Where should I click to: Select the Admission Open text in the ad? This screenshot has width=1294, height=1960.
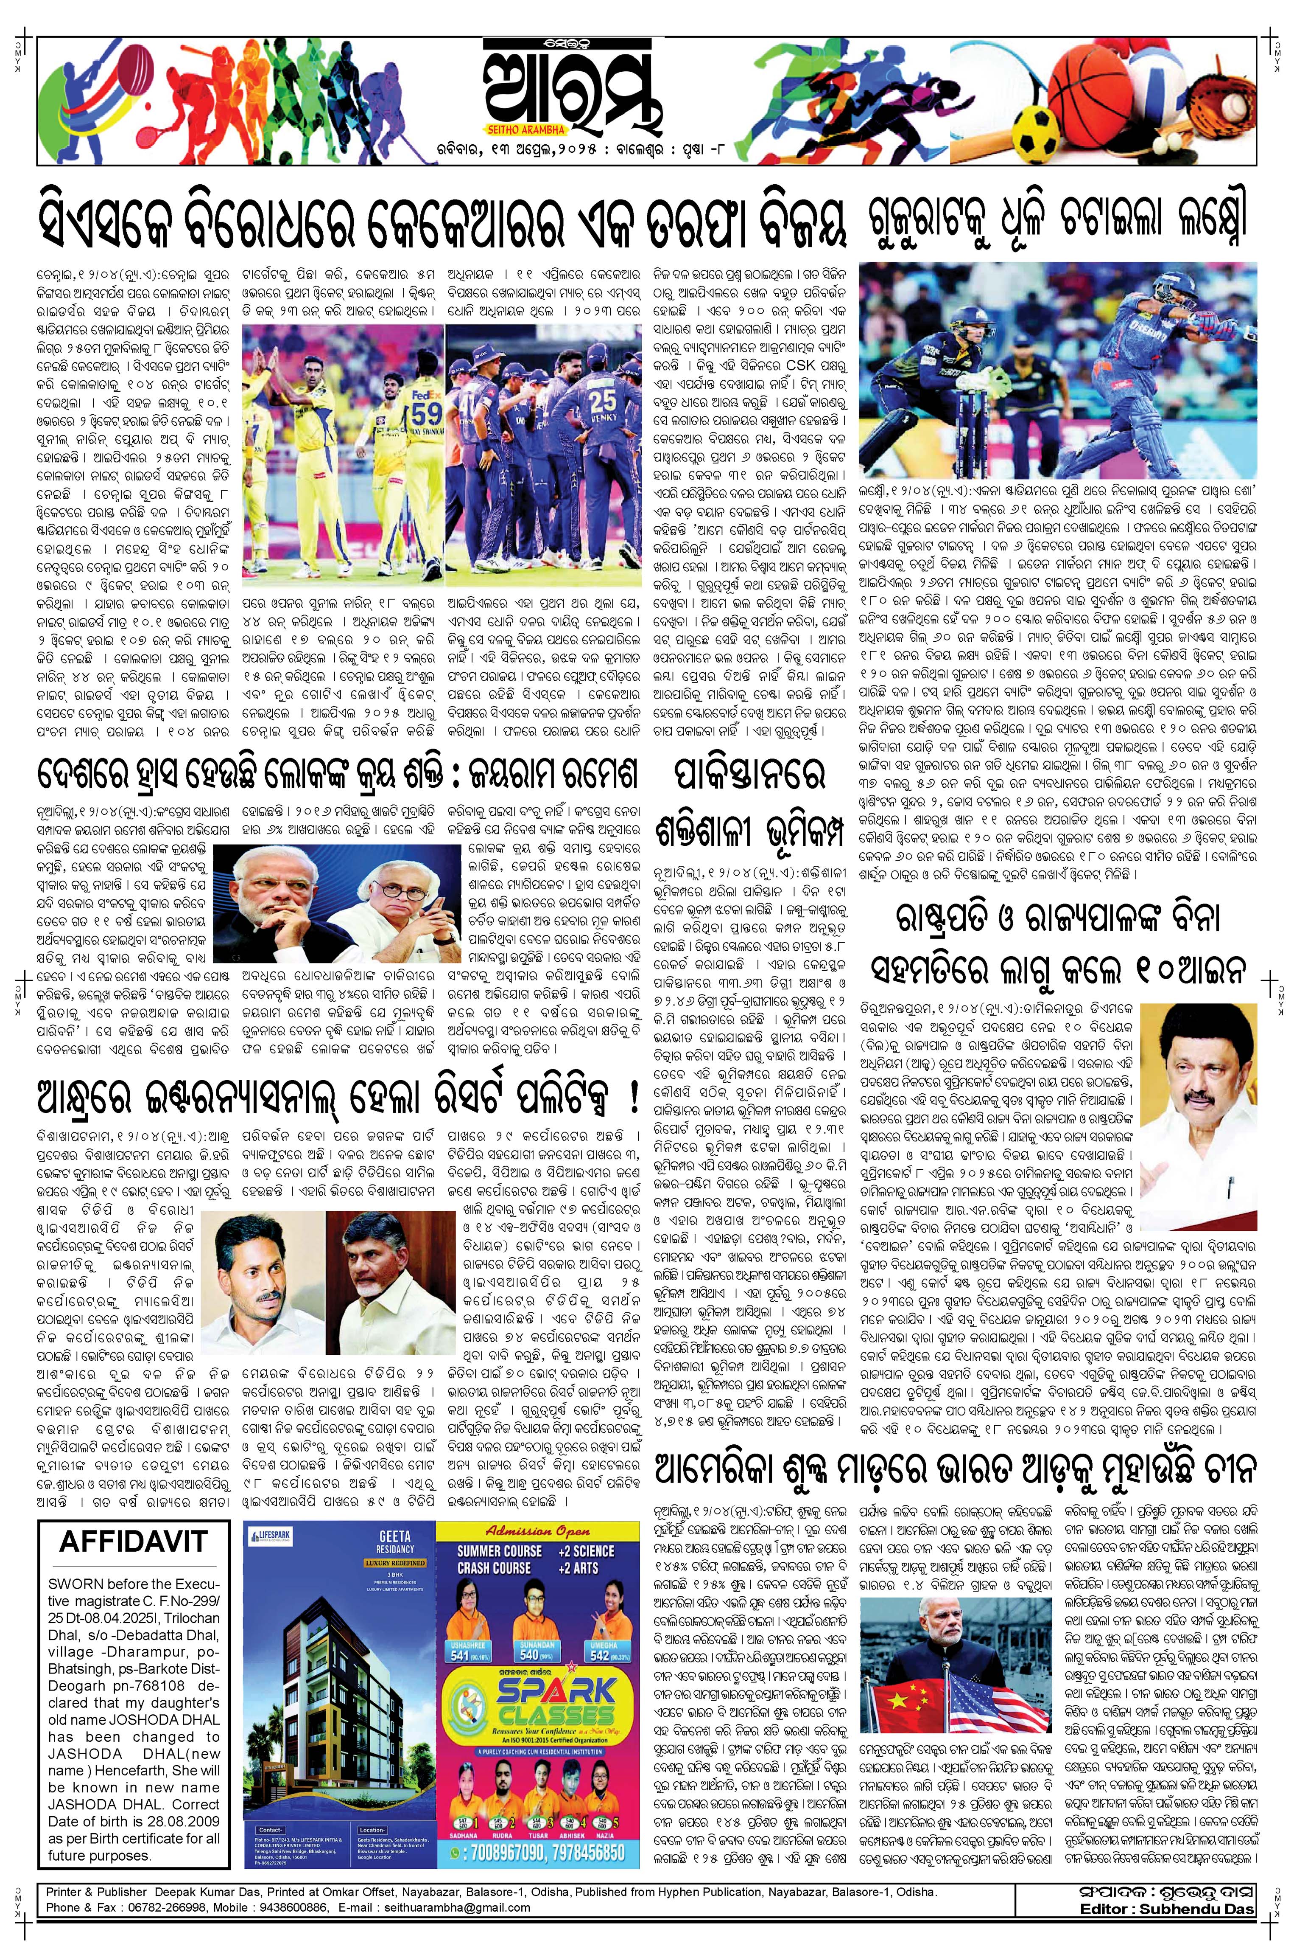pyautogui.click(x=538, y=1530)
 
